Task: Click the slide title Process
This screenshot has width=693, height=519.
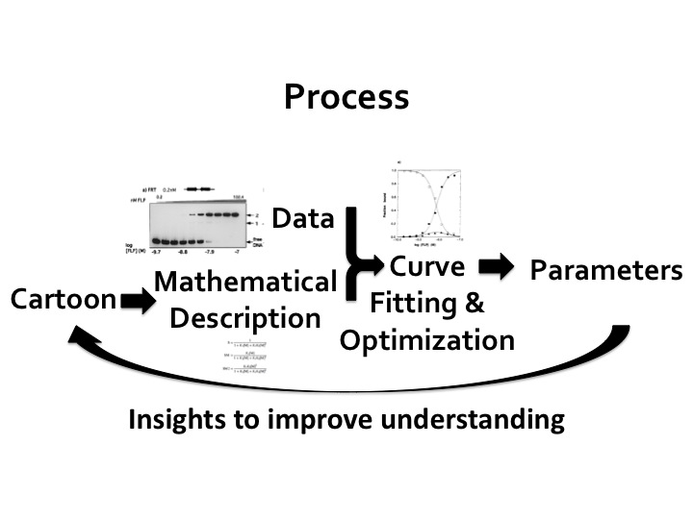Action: click(x=346, y=96)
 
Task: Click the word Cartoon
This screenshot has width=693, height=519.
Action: click(x=63, y=300)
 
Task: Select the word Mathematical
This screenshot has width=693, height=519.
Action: click(x=245, y=284)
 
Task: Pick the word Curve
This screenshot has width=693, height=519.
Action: click(x=427, y=266)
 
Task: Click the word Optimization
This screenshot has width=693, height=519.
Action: click(x=427, y=339)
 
